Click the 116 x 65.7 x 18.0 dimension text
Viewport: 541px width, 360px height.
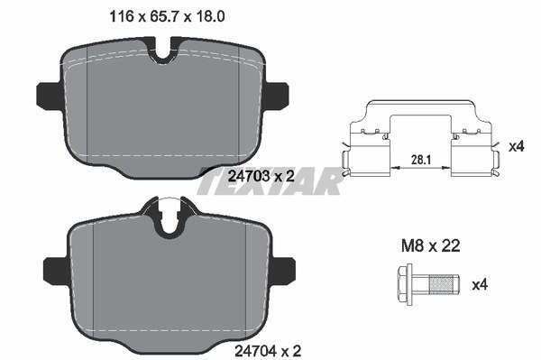tap(167, 16)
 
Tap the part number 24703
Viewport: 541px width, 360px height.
tap(250, 176)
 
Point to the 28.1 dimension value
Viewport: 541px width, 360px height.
tap(421, 160)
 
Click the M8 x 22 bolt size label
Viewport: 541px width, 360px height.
tap(431, 246)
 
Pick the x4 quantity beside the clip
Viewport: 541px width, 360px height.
tap(517, 147)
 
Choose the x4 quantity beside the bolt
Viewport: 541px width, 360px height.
tap(480, 285)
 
